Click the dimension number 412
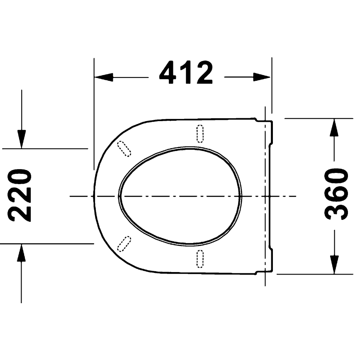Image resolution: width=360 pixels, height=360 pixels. [186, 73]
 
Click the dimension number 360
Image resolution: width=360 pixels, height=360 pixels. [336, 194]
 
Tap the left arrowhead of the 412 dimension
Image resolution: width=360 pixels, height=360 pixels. [103, 77]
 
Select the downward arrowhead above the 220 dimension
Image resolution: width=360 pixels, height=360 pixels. [21, 138]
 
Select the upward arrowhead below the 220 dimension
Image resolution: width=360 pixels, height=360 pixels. [21, 253]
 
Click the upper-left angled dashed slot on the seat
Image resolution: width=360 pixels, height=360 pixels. [124, 148]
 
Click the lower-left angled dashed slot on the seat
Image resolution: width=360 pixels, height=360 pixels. [124, 244]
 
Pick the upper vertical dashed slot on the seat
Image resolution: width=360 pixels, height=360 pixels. [200, 134]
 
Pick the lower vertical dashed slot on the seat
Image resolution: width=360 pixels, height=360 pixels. [200, 258]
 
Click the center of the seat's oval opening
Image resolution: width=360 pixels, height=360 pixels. [180, 195]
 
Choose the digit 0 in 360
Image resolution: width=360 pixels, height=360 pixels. [336, 176]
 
